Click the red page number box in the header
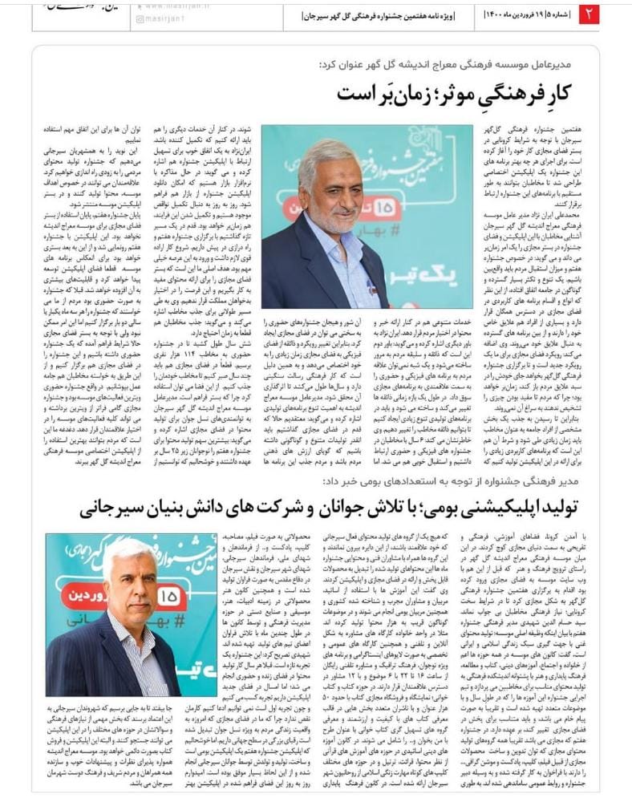point(589,13)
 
